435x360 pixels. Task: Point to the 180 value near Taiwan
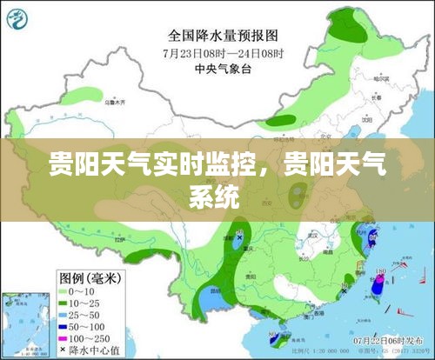(380, 271)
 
